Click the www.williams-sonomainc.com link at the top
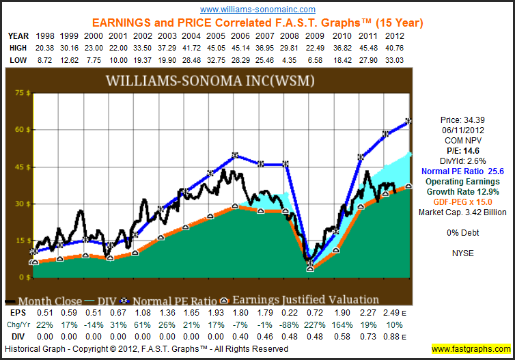coord(258,10)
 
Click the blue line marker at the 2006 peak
coord(235,155)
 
